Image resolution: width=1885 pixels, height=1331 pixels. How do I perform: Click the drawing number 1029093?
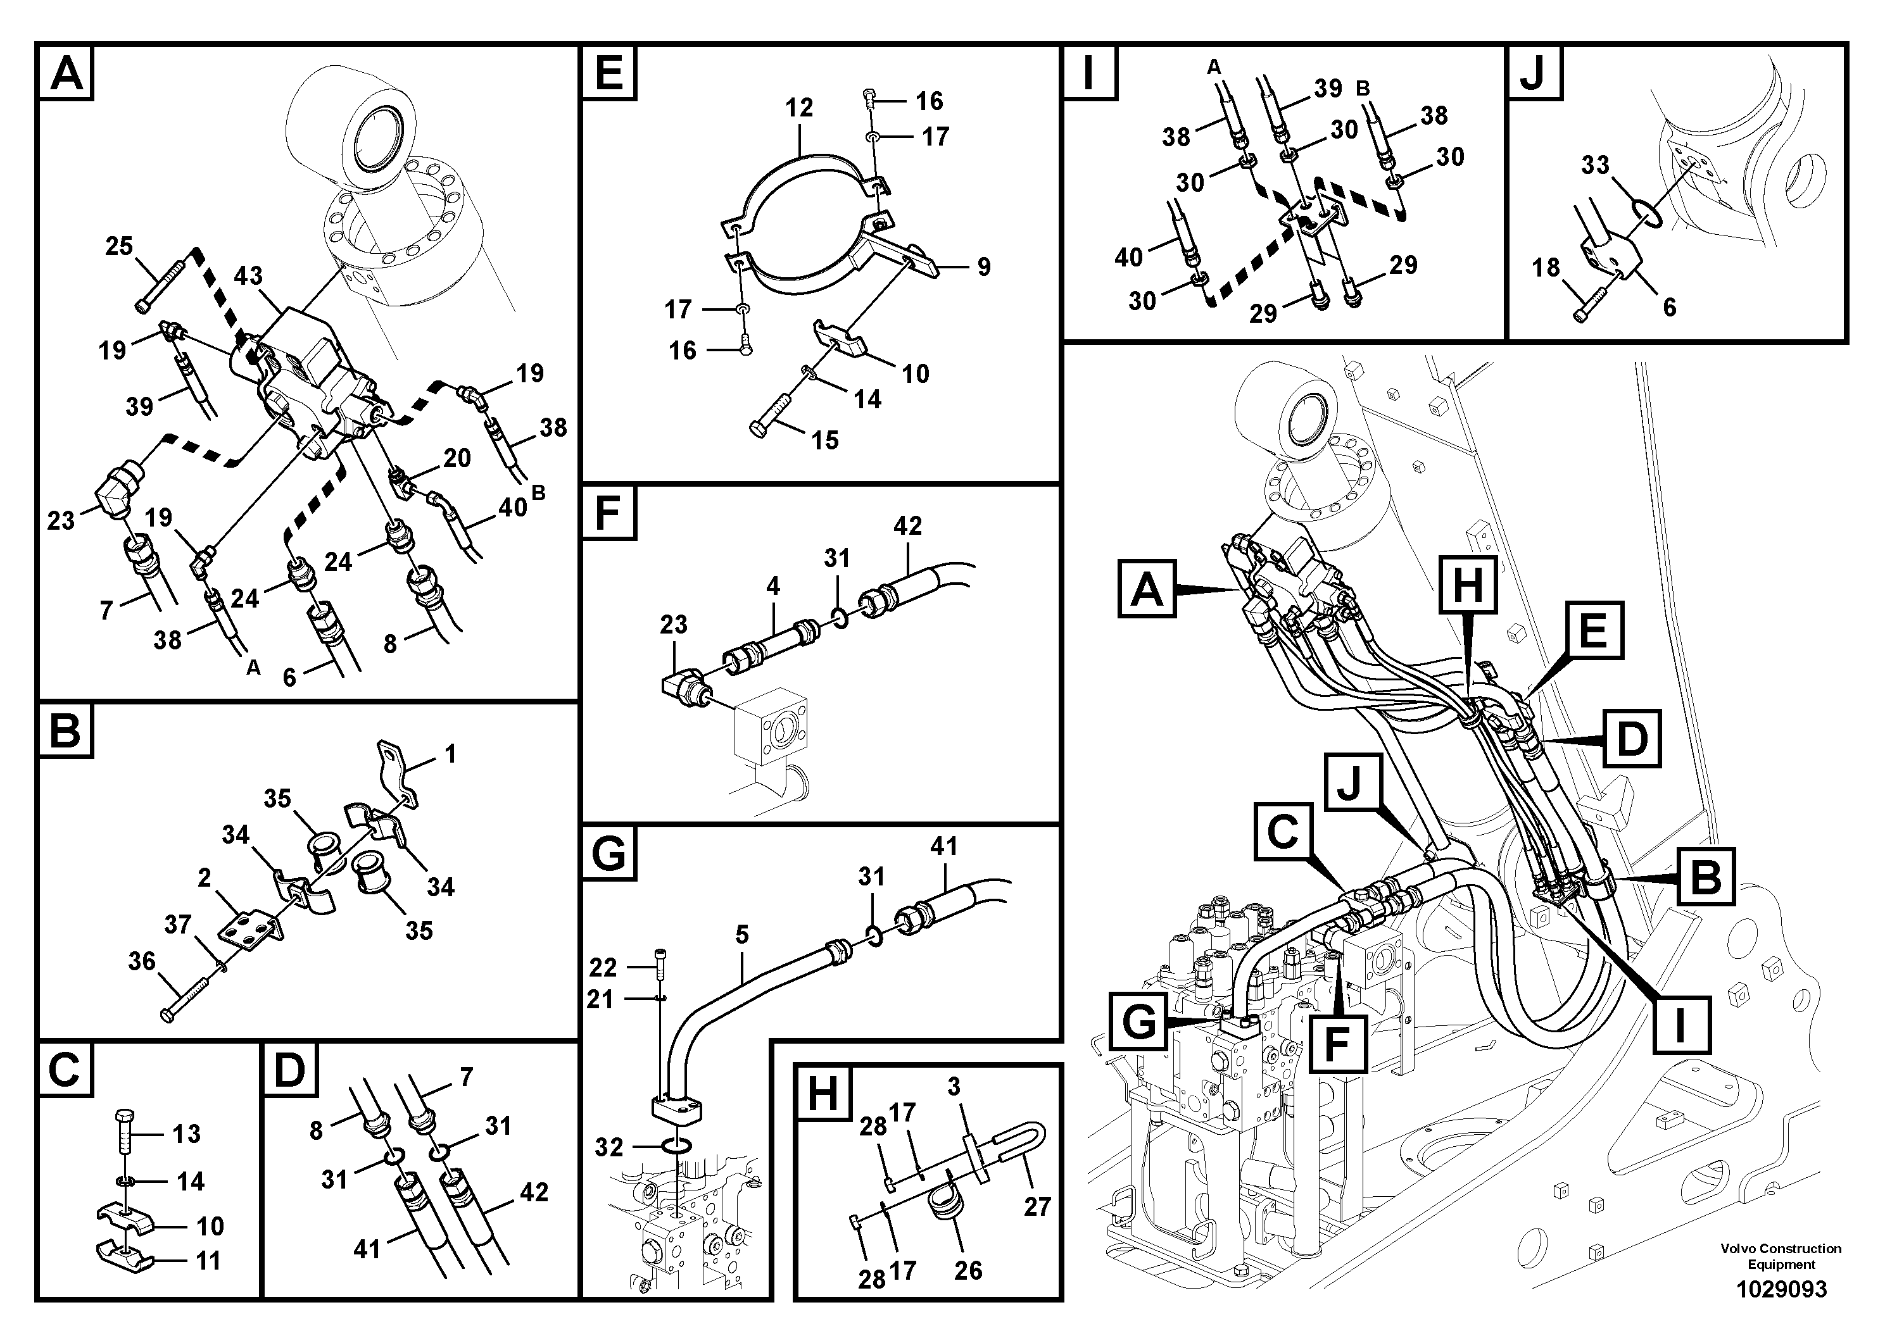pyautogui.click(x=1781, y=1289)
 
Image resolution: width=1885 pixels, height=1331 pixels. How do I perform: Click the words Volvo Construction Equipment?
pyautogui.click(x=1781, y=1256)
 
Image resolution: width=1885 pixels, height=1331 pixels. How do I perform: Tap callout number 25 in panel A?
pyautogui.click(x=119, y=246)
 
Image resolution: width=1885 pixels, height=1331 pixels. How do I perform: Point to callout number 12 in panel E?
pyautogui.click(x=798, y=108)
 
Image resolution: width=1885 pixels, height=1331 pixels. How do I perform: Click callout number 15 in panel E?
pyautogui.click(x=824, y=440)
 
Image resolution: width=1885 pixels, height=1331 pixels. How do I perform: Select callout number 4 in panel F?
pyautogui.click(x=772, y=586)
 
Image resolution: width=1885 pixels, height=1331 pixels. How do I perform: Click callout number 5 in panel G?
pyautogui.click(x=741, y=935)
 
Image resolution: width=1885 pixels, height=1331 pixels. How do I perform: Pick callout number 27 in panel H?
pyautogui.click(x=1037, y=1206)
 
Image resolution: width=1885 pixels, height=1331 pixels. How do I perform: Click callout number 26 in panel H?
pyautogui.click(x=968, y=1270)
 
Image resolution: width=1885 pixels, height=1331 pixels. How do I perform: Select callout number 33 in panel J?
pyautogui.click(x=1594, y=165)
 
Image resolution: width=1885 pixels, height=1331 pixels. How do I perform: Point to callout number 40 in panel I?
pyautogui.click(x=1128, y=258)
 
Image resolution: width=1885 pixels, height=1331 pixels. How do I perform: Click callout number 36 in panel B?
pyautogui.click(x=141, y=961)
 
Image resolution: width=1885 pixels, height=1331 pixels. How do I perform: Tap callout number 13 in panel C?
pyautogui.click(x=186, y=1134)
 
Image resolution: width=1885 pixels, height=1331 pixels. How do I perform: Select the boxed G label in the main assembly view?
pyautogui.click(x=1138, y=1022)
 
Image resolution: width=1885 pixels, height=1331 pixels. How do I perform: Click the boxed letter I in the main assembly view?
pyautogui.click(x=1680, y=1025)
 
